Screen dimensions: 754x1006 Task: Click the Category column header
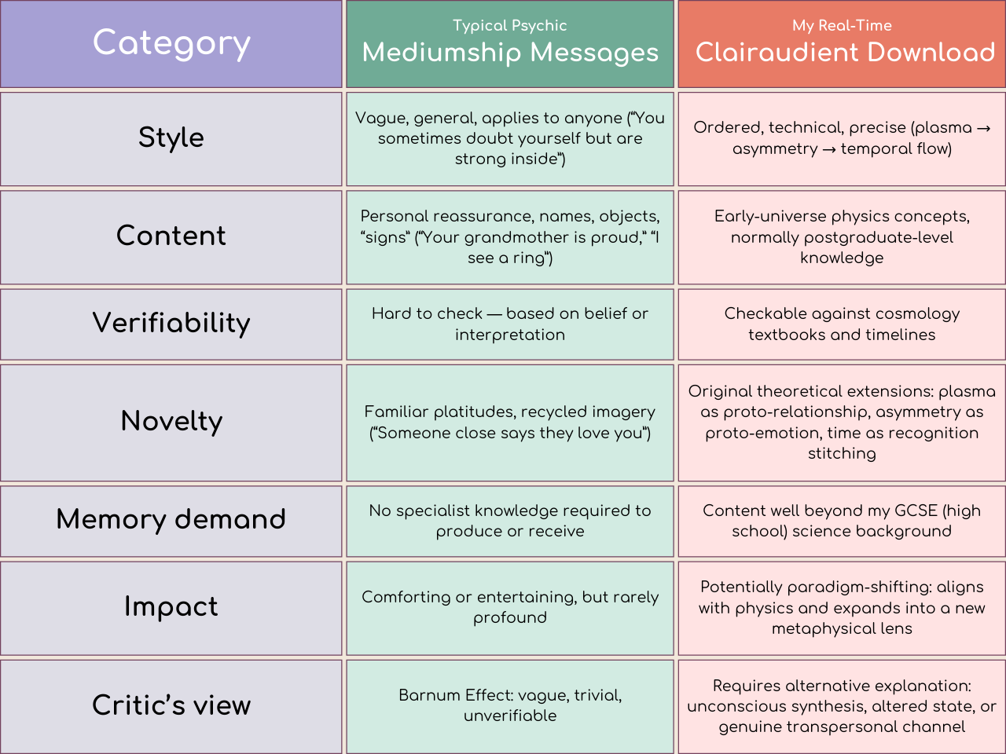(171, 43)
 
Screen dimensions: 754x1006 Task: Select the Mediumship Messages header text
(510, 53)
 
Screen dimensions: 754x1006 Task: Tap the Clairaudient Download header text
(845, 53)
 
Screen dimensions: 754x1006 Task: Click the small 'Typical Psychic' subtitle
(509, 25)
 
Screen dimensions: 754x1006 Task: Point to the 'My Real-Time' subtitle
(842, 25)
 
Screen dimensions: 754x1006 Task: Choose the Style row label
(171, 137)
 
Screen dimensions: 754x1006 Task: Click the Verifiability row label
(171, 323)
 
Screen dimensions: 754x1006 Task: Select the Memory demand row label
(171, 519)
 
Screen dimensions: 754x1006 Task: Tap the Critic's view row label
(171, 705)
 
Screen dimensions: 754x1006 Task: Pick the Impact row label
(171, 606)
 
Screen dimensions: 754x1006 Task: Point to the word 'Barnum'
(427, 695)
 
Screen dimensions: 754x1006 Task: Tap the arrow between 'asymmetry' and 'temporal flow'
(829, 149)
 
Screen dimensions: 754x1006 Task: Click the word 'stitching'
(842, 453)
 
